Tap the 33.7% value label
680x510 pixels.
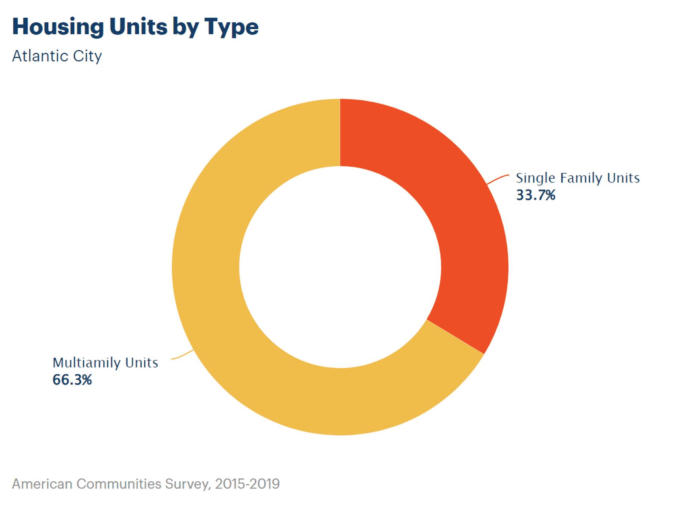[x=535, y=195]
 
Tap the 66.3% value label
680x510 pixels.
[x=72, y=380]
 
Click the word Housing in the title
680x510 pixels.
[x=58, y=27]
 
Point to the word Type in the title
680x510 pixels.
[x=231, y=27]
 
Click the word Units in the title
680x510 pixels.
[x=138, y=27]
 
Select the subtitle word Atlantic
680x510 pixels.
[x=40, y=56]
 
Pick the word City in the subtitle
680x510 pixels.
[x=87, y=57]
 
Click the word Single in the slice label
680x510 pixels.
[x=535, y=178]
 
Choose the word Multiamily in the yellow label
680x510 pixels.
[x=86, y=363]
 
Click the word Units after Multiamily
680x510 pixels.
[x=141, y=363]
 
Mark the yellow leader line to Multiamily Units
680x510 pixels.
[x=183, y=355]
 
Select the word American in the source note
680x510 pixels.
[x=42, y=484]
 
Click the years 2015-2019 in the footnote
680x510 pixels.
[x=247, y=484]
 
